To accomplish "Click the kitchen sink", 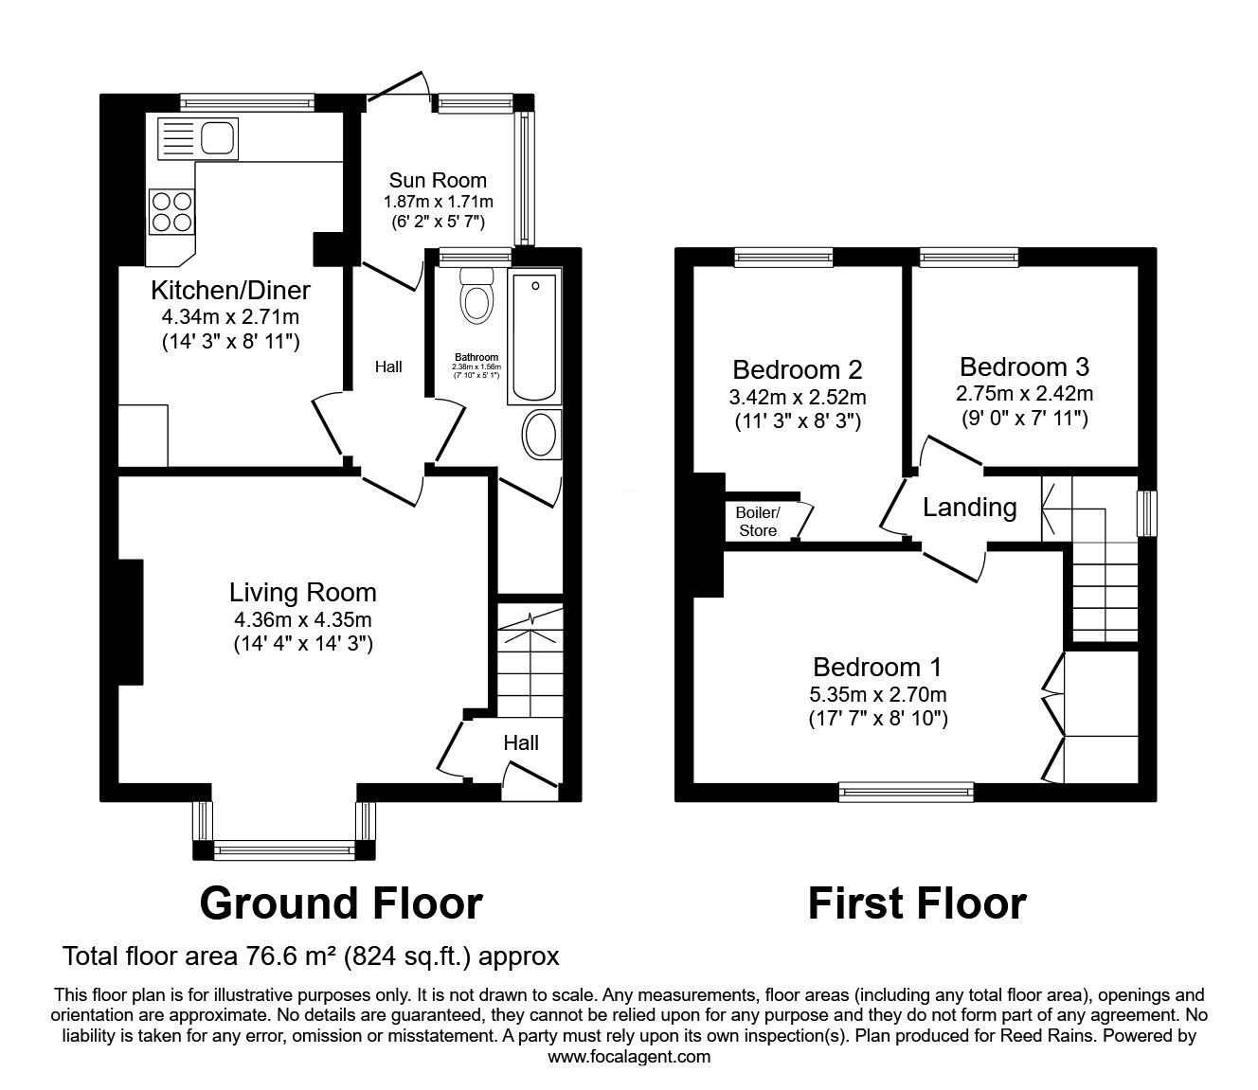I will (x=198, y=138).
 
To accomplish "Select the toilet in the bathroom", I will (x=475, y=296).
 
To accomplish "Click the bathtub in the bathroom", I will (x=534, y=339).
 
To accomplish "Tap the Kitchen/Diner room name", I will (x=230, y=289).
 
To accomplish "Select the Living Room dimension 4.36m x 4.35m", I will (x=303, y=621).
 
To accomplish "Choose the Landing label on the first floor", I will (x=969, y=509).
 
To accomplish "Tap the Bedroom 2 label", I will (x=798, y=369).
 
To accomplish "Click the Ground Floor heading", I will (x=341, y=903).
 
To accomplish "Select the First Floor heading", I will (x=916, y=903).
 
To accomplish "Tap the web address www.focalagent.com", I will (x=629, y=1057).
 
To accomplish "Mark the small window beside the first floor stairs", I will (x=1147, y=513).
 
